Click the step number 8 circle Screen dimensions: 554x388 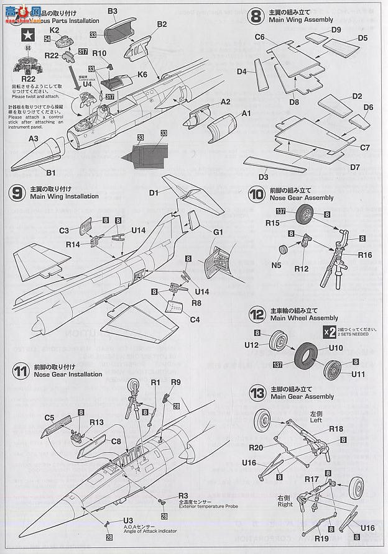click(256, 16)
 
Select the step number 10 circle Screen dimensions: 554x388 click(256, 194)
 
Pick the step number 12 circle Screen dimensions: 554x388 click(256, 314)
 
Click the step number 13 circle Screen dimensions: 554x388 click(256, 393)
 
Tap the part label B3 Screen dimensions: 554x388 click(113, 11)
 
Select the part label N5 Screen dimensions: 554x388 click(278, 266)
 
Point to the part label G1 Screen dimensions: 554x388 click(218, 232)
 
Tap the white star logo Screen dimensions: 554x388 click(27, 35)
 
